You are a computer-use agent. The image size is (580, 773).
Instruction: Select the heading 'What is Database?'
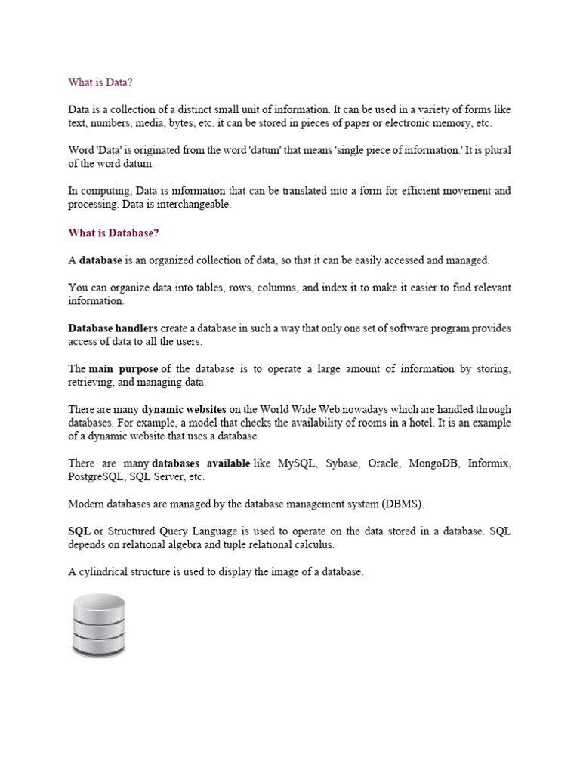pyautogui.click(x=114, y=233)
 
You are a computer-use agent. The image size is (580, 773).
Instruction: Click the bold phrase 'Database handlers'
pyautogui.click(x=113, y=328)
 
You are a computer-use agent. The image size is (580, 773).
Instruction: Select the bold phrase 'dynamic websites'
pyautogui.click(x=184, y=410)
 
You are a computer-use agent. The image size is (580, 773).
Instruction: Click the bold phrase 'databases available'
pyautogui.click(x=201, y=463)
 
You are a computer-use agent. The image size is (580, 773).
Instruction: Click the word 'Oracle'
pyautogui.click(x=386, y=463)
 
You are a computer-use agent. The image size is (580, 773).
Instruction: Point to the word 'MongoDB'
pyautogui.click(x=433, y=463)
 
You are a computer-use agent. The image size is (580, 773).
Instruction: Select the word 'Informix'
pyautogui.click(x=489, y=463)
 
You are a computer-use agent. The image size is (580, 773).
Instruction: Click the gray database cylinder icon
pyautogui.click(x=99, y=626)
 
